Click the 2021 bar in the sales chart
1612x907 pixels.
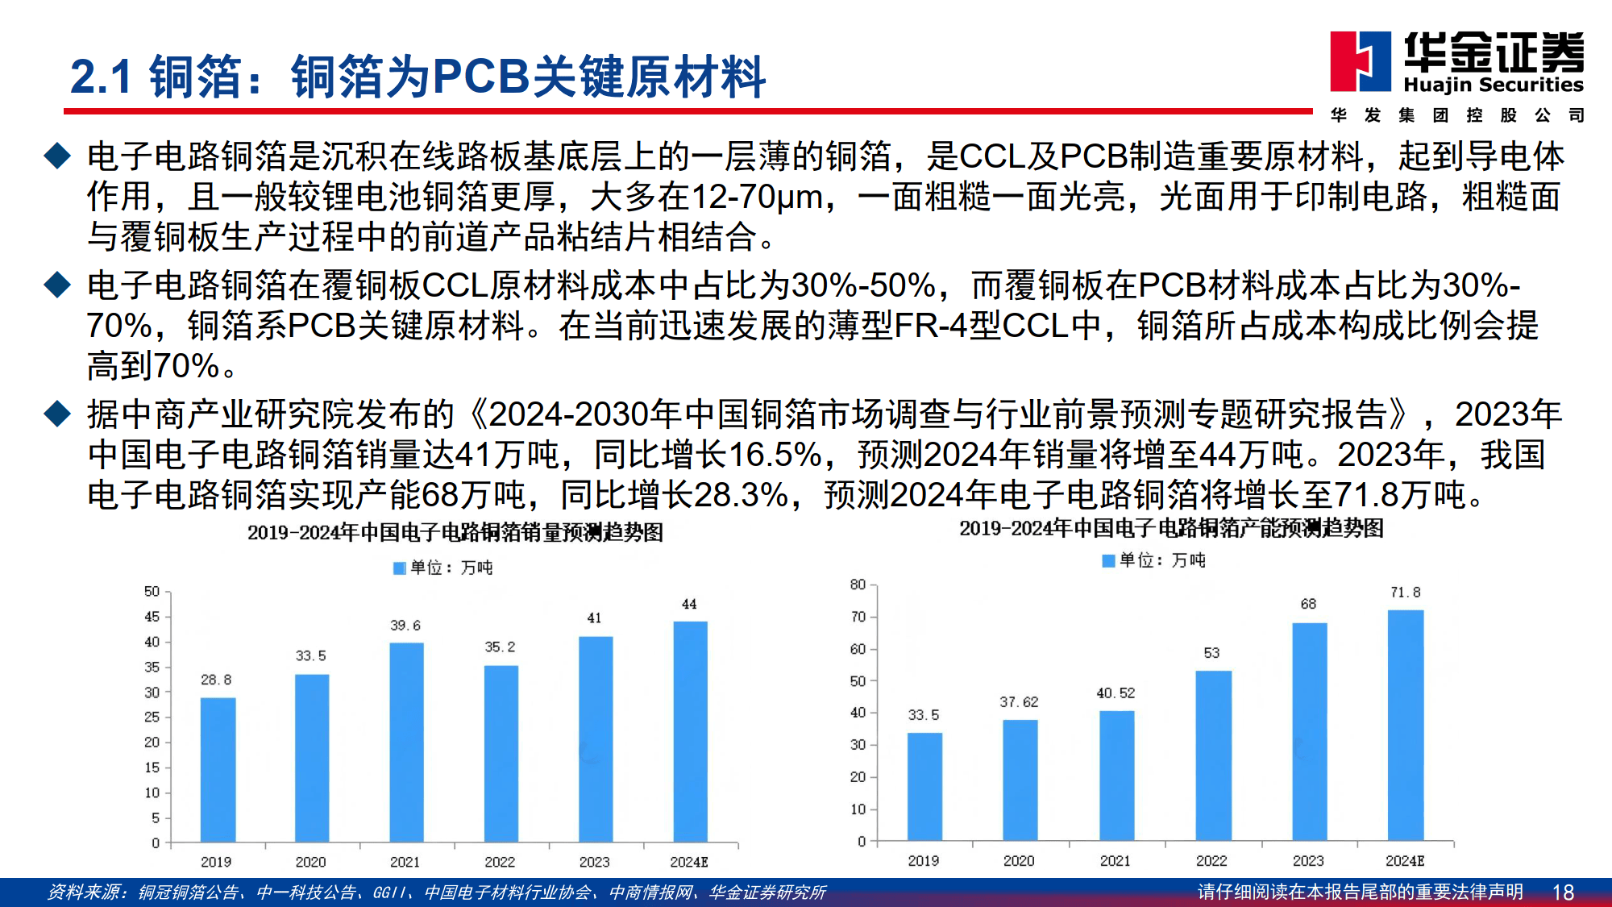(406, 742)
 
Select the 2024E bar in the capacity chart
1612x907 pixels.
(1405, 726)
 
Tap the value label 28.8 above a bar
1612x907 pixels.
(216, 680)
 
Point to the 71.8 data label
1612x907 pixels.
(1405, 593)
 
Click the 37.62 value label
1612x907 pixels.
(1019, 702)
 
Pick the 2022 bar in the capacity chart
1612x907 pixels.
(1213, 755)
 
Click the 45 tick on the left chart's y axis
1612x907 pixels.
(152, 617)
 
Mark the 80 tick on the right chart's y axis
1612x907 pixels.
(858, 585)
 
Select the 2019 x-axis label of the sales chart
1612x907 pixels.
(216, 862)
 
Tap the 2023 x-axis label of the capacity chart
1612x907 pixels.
(1308, 861)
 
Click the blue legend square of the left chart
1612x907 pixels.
(399, 568)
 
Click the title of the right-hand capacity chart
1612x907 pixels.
(1171, 529)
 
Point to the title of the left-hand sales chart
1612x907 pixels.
(455, 533)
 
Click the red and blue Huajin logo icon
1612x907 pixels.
(1361, 61)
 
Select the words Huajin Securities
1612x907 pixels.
(1494, 85)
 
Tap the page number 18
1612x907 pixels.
(1563, 892)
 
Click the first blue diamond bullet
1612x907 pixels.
(58, 156)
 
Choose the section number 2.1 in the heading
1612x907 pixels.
(101, 77)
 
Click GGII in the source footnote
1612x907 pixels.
(391, 892)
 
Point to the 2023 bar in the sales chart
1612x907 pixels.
(596, 739)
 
